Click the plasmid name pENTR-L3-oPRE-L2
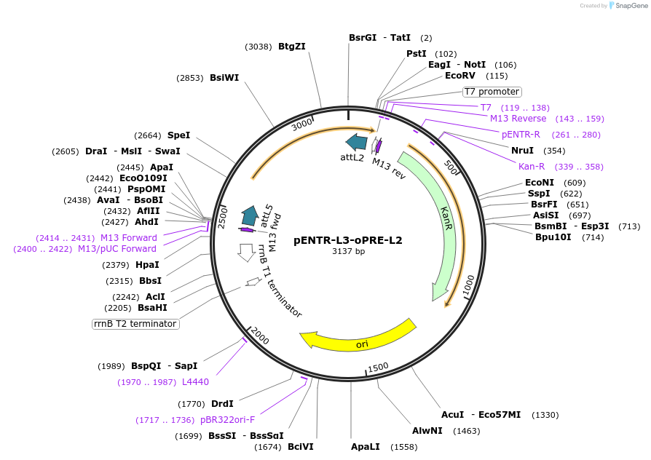[347, 240]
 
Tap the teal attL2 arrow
[356, 141]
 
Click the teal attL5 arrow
[250, 215]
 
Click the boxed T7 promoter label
[492, 92]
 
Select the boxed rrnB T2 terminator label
[135, 324]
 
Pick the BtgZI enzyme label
[291, 47]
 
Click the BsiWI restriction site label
[224, 78]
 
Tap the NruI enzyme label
[522, 151]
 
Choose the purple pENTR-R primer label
[521, 135]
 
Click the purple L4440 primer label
[195, 382]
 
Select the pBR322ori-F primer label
[227, 420]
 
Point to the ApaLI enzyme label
[365, 446]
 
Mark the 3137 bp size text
[348, 252]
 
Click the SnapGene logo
[627, 6]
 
